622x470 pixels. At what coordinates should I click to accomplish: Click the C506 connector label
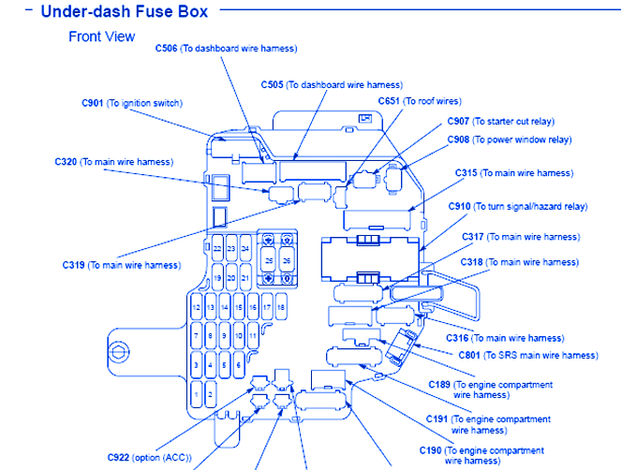coord(226,49)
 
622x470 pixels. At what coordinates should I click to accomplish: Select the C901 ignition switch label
coord(132,103)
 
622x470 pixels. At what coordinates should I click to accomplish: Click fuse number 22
coord(217,250)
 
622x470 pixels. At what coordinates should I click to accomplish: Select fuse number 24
coord(244,250)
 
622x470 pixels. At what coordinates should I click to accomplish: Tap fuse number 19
coord(217,279)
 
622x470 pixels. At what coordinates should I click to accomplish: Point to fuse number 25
coord(269,260)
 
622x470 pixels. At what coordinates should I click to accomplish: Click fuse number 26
coord(287,260)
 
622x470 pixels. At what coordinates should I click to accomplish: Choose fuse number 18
coord(281,307)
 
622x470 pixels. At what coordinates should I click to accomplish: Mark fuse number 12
coord(196,307)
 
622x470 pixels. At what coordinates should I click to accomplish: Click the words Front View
coord(101,37)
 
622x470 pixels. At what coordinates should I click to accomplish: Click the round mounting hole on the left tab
coord(119,352)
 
